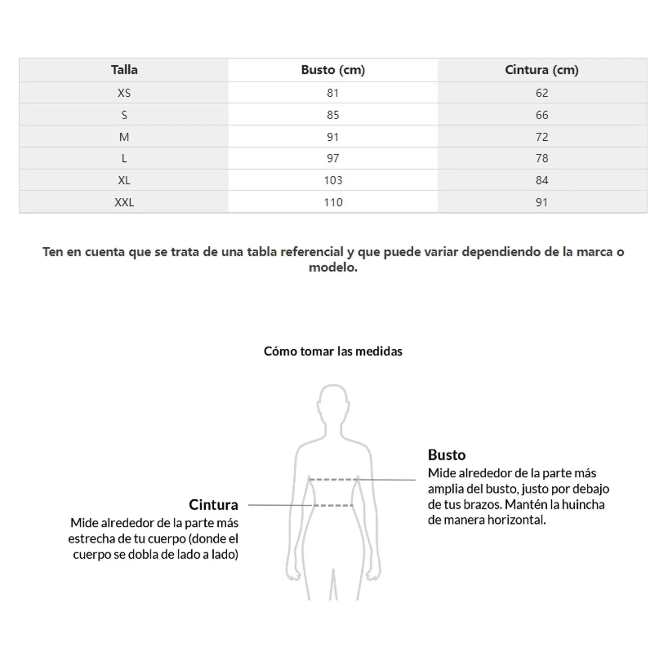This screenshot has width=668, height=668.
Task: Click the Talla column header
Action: tap(124, 70)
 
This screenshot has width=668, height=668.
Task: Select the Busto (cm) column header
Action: tap(333, 70)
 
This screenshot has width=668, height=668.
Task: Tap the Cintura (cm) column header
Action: tap(542, 70)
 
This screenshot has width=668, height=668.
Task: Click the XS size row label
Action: tap(124, 93)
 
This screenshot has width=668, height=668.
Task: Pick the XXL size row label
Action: tap(124, 202)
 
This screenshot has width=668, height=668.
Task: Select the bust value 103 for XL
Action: tap(333, 180)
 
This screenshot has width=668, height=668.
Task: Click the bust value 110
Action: tap(333, 202)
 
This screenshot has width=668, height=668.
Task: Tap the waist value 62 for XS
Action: tap(542, 93)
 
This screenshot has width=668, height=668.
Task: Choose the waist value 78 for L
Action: tap(542, 159)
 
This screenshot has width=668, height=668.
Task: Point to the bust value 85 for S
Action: tap(333, 115)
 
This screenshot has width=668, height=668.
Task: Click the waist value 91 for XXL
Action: tap(542, 202)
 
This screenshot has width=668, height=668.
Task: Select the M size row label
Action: tap(124, 137)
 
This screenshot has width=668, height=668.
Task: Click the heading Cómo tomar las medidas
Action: tap(333, 351)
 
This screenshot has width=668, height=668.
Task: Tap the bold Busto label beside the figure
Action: tap(447, 455)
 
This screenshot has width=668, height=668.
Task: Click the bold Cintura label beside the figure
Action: tap(213, 505)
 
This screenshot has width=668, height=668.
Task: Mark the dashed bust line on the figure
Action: tap(333, 480)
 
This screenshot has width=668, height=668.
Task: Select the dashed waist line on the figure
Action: tap(333, 505)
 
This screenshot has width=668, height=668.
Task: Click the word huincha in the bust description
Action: tap(583, 505)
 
